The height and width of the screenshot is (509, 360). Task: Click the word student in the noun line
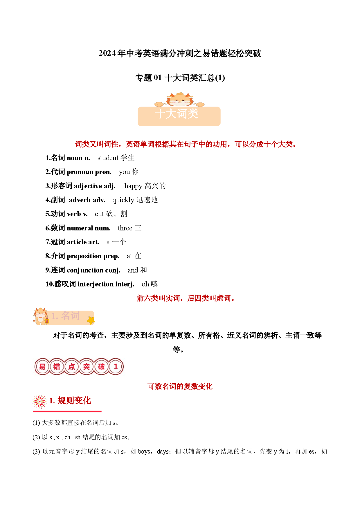(x=108, y=158)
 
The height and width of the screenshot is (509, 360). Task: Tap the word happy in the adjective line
(x=133, y=186)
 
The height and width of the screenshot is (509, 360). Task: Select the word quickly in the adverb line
(x=123, y=200)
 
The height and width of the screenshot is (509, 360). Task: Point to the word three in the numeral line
(x=125, y=228)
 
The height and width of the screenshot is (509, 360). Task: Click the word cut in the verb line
(x=99, y=214)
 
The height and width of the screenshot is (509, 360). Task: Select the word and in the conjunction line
(x=133, y=270)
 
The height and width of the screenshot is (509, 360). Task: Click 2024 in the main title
(x=107, y=53)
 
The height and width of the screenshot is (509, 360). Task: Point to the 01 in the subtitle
(x=158, y=78)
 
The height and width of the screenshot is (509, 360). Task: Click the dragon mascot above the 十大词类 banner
(x=179, y=100)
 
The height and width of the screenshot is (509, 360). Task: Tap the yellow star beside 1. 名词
(x=91, y=320)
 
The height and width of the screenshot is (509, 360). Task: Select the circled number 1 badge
(x=116, y=367)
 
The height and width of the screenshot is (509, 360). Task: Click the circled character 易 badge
(x=42, y=367)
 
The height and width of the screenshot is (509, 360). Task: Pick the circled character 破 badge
(x=101, y=367)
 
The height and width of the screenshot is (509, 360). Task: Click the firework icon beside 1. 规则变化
(x=40, y=401)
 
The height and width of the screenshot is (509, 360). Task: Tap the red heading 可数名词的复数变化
(x=180, y=386)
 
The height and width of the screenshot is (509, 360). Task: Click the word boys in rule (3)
(x=144, y=452)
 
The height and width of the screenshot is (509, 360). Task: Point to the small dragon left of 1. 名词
(x=41, y=316)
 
